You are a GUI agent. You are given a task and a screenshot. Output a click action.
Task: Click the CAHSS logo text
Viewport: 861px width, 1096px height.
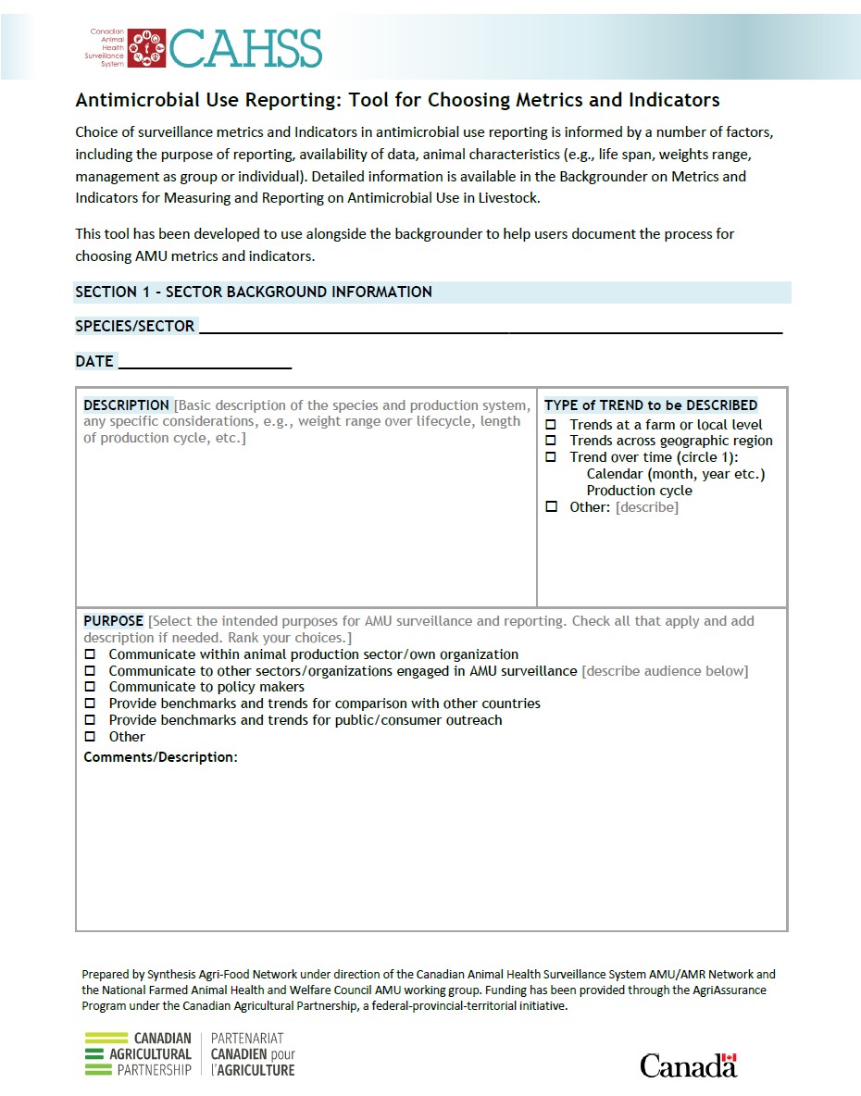245,47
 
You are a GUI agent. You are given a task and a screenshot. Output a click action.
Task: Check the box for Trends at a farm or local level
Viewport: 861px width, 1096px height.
551,425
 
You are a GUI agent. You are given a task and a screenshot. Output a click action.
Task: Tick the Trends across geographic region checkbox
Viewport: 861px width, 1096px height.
551,441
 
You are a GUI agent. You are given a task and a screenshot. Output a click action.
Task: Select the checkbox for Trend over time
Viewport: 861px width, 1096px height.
551,457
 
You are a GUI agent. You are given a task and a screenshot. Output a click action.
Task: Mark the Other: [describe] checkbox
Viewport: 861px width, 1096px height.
551,507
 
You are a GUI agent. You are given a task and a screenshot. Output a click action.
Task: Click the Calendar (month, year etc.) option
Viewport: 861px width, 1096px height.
675,474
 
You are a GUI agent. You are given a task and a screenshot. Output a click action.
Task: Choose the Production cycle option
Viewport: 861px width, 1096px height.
639,491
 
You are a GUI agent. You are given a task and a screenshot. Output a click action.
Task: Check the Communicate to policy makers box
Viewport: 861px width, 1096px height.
91,687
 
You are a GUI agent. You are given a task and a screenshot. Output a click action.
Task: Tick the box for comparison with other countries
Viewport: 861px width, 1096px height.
91,704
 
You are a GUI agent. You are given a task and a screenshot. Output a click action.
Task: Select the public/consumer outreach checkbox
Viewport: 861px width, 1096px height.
91,720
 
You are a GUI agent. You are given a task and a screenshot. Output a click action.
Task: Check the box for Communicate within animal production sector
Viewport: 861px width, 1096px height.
91,654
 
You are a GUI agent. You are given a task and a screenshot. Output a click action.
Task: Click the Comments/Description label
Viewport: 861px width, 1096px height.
160,757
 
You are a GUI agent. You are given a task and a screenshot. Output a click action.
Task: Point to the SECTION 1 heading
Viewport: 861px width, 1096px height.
253,292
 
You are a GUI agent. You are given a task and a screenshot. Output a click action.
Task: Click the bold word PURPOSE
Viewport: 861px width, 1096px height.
113,621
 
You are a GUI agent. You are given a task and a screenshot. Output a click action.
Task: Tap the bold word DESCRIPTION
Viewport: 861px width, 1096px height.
126,405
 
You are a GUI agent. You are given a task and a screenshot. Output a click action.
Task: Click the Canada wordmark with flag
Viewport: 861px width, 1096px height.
688,1065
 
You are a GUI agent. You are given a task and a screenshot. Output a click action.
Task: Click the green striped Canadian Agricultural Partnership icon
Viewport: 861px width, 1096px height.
108,1054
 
